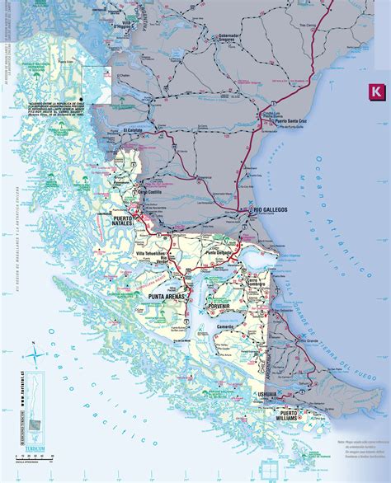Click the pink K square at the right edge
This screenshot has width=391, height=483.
376,90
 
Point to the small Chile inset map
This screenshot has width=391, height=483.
34,412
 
